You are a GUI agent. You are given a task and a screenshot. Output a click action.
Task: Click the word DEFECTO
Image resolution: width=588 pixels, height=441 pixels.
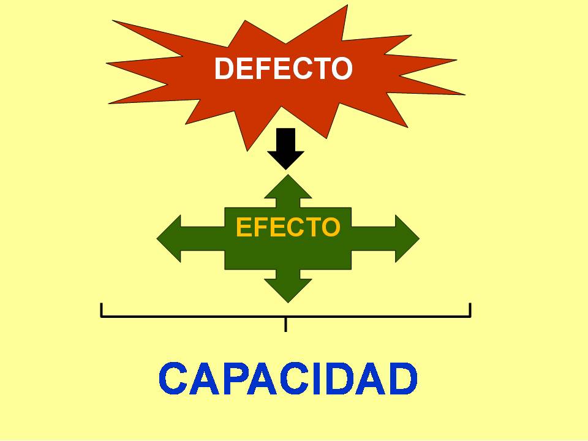[283, 69]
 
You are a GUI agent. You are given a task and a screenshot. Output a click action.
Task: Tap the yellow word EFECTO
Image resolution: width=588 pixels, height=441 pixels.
[288, 227]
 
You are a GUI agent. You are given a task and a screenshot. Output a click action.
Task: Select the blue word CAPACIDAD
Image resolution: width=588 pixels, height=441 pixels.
[288, 379]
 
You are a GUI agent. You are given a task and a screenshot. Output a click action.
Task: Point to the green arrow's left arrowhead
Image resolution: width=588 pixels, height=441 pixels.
[170, 238]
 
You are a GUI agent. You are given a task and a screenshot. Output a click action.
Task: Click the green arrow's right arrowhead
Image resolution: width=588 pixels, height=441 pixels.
[405, 238]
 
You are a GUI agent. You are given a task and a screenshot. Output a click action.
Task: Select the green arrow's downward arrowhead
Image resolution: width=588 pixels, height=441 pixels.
[287, 289]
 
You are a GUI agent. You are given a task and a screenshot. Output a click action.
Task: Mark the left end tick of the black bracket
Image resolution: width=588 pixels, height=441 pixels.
[102, 310]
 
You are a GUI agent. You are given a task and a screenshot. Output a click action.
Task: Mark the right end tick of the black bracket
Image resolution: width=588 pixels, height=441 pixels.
[470, 310]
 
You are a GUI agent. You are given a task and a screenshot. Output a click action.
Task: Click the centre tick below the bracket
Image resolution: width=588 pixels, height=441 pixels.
[285, 325]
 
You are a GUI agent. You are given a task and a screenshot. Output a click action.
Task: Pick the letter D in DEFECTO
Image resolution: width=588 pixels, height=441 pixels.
[224, 69]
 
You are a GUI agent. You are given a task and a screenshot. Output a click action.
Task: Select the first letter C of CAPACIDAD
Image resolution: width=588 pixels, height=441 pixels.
[173, 379]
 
